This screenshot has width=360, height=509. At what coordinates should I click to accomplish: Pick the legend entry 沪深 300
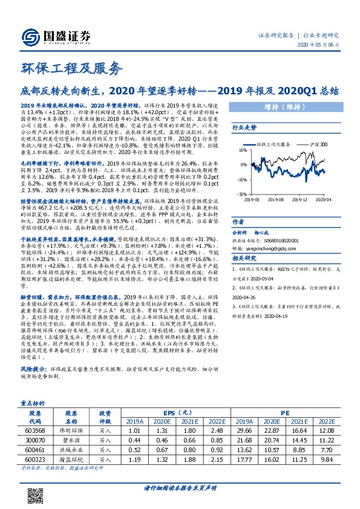pos(319,145)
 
